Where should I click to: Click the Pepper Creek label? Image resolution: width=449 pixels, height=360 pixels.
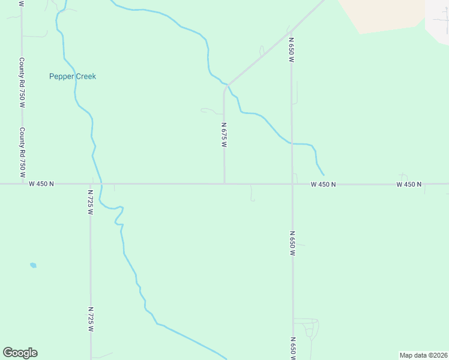tap(72, 76)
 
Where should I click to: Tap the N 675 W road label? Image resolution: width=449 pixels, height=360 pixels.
tap(224, 135)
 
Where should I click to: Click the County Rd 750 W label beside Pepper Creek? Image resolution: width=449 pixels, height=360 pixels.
tap(22, 83)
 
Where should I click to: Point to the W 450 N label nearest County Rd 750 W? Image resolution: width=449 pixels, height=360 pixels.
tap(41, 184)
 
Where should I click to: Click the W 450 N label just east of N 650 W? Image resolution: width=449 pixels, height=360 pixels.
tap(323, 184)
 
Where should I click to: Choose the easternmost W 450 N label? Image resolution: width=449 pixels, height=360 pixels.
tap(409, 184)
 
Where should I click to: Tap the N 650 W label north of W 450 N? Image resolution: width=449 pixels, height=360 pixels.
tap(291, 50)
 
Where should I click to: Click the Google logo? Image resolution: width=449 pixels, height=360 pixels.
tap(20, 353)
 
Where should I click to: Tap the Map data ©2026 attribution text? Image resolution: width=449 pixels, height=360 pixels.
tap(423, 355)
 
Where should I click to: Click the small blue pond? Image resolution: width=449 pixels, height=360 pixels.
tap(33, 265)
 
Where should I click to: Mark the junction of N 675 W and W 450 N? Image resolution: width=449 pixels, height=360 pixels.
tap(224, 184)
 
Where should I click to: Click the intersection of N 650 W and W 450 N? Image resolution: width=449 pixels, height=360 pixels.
tap(292, 184)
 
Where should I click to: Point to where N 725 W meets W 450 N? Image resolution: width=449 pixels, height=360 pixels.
tap(91, 184)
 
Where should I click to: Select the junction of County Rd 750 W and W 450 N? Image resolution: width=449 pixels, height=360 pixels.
tap(22, 184)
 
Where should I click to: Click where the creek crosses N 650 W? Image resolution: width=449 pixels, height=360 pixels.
tap(292, 143)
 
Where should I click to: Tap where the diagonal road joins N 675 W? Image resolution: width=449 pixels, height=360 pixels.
tap(227, 85)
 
